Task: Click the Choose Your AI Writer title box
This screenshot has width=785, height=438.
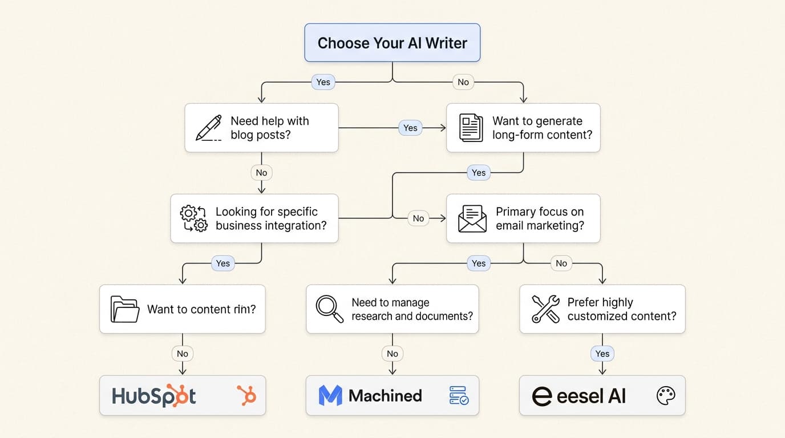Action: point(392,43)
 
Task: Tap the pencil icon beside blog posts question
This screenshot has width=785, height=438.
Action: point(208,128)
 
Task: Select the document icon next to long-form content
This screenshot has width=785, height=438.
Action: point(471,128)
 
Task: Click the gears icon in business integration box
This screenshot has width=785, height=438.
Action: point(194,218)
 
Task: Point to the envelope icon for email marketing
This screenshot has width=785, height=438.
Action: point(472,218)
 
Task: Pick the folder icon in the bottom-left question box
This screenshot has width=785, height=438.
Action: point(125,309)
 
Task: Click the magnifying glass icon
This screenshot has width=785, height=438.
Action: point(330,309)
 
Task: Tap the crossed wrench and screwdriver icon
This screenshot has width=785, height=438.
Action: point(545,309)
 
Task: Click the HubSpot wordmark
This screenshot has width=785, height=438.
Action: point(154,396)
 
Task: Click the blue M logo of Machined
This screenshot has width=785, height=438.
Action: point(330,395)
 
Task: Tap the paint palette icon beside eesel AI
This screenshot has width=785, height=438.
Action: point(666,395)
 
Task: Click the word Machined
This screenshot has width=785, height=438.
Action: point(385,395)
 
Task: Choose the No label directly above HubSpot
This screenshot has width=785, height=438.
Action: point(183,354)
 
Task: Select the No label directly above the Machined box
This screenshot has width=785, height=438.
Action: point(392,354)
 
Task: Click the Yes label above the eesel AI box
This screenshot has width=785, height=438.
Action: point(602,354)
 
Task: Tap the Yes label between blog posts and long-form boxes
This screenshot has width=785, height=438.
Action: point(410,128)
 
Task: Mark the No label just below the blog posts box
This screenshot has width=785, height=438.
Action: point(261,172)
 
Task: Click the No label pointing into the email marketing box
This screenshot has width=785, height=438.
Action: point(418,218)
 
